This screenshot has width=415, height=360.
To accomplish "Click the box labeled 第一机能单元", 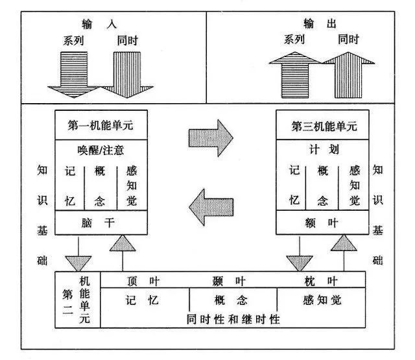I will tap(99, 126).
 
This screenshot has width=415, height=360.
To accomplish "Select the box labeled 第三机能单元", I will tap(320, 126).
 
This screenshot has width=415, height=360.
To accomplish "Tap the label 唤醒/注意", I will tap(99, 150).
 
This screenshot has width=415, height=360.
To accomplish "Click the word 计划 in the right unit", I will tap(320, 150).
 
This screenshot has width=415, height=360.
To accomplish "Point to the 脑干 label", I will tap(99, 224).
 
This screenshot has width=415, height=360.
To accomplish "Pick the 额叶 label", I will tap(320, 224).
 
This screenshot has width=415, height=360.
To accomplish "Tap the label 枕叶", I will tap(321, 280).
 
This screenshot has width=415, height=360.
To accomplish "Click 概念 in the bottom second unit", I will tap(231, 300).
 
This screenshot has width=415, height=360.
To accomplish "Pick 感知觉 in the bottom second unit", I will tap(322, 300).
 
